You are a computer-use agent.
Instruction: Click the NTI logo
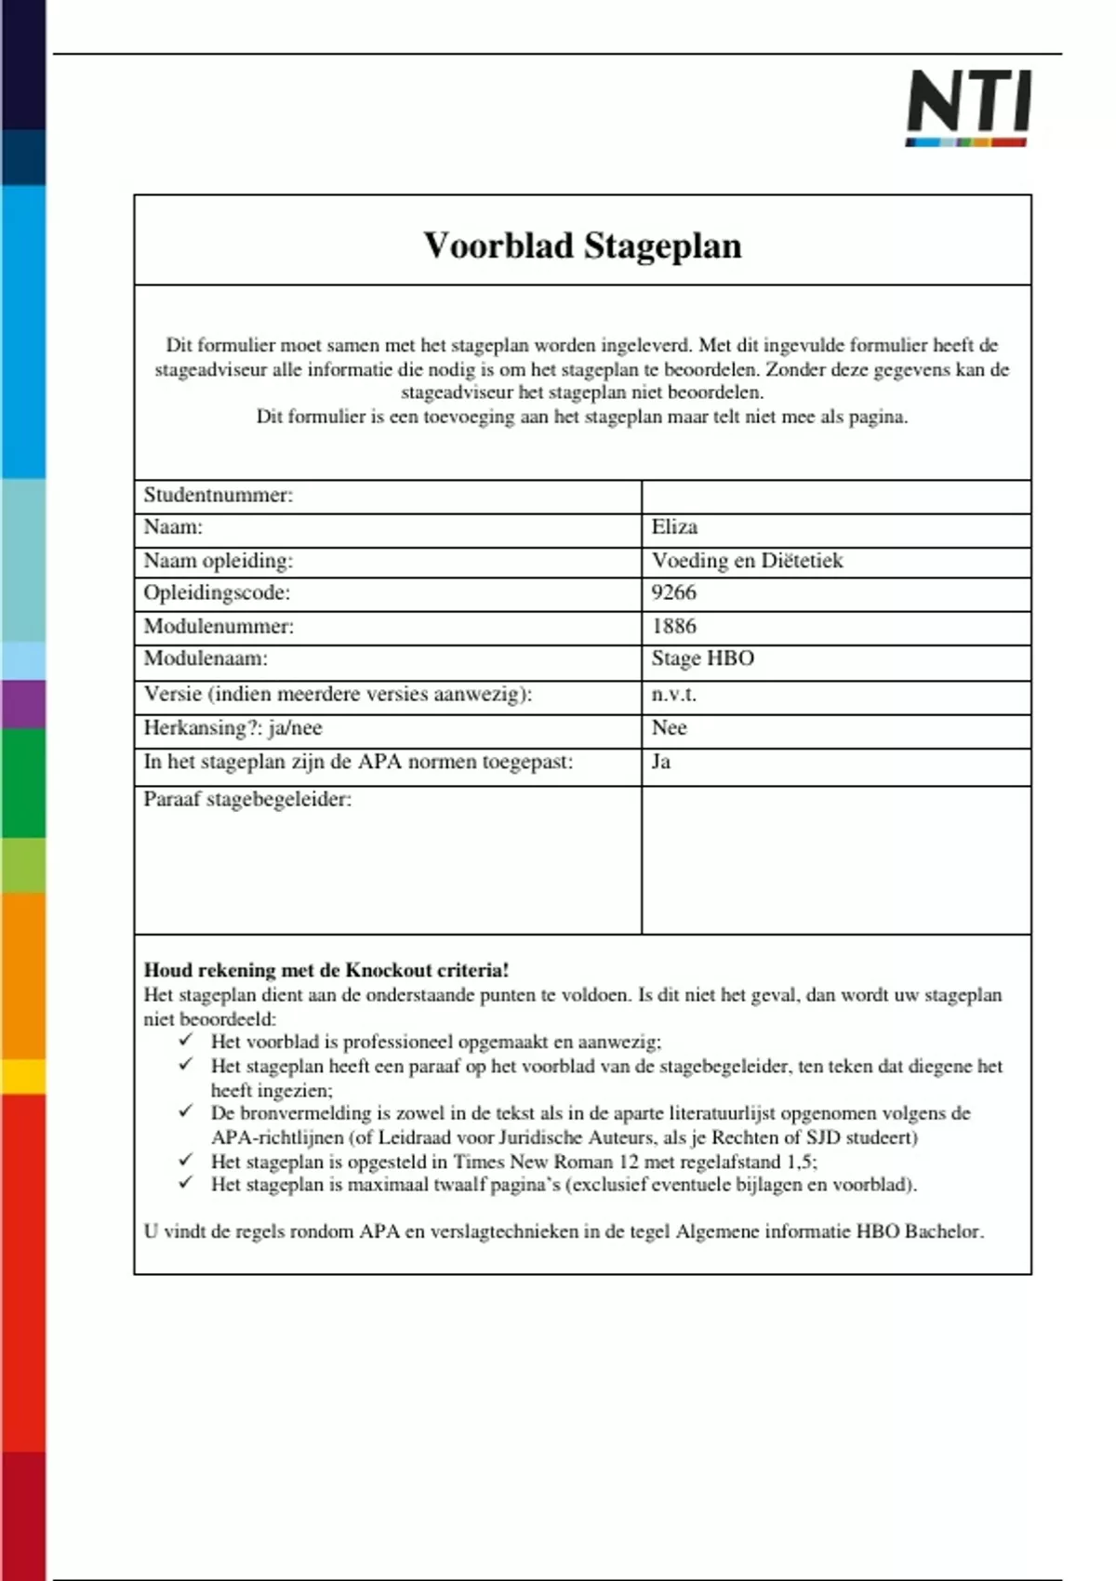click(x=968, y=107)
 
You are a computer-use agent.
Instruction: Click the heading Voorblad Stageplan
click(x=582, y=246)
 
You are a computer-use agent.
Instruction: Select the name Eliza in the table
click(x=674, y=527)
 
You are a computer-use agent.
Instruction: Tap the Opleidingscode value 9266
click(x=673, y=593)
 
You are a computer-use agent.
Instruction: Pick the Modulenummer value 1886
click(x=673, y=627)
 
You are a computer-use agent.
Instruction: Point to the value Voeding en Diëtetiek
click(x=747, y=561)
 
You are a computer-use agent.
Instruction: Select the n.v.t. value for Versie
click(x=673, y=695)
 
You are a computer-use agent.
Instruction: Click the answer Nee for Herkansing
click(x=669, y=728)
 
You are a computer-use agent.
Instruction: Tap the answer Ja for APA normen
click(x=661, y=762)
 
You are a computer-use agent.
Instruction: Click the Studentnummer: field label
click(x=218, y=495)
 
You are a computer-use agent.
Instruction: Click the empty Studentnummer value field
click(x=835, y=496)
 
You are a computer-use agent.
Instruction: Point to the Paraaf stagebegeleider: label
click(x=247, y=800)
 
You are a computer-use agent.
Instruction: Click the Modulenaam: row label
click(x=206, y=659)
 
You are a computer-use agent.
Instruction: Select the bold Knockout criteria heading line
click(x=326, y=970)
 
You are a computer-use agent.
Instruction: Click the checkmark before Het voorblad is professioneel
click(x=187, y=1041)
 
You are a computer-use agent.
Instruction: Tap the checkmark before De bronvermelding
click(x=187, y=1111)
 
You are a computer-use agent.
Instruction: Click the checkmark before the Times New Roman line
click(x=187, y=1160)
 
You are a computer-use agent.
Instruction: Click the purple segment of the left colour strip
click(x=22, y=704)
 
